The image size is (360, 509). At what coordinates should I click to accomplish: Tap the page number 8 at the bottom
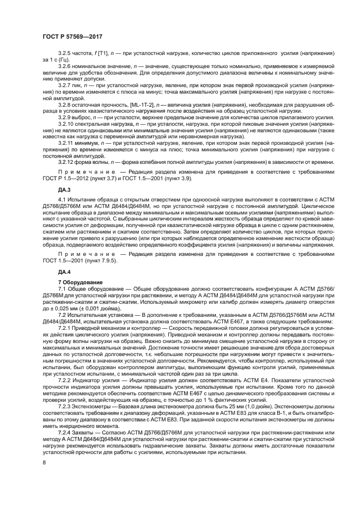pyautogui.click(x=45, y=462)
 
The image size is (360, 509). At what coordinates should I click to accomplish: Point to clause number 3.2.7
pyautogui.click(x=65, y=86)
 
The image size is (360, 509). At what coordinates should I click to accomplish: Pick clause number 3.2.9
pyautogui.click(x=65, y=116)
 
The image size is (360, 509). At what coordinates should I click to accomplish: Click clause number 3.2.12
pyautogui.click(x=66, y=161)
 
